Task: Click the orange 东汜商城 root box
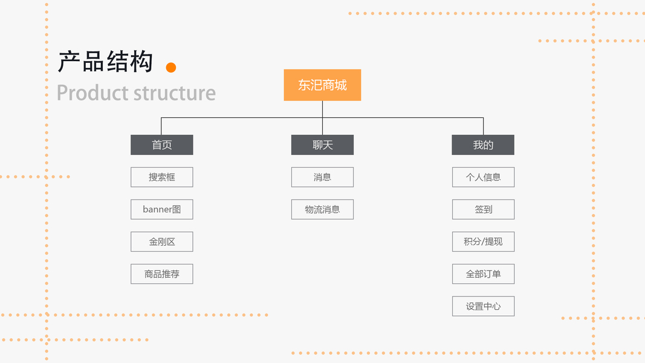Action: click(x=322, y=85)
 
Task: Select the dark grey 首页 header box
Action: click(x=162, y=145)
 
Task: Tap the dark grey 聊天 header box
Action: click(x=322, y=145)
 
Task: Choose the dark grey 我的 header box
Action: click(x=483, y=145)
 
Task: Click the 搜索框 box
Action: click(x=162, y=177)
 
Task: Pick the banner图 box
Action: click(x=162, y=209)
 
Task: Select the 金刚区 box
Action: click(x=162, y=241)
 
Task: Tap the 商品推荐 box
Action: click(x=162, y=274)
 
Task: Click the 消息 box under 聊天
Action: click(x=322, y=177)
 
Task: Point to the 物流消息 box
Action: click(x=322, y=209)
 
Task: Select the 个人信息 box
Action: click(x=483, y=177)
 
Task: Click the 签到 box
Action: click(x=483, y=209)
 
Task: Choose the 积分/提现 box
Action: click(x=483, y=241)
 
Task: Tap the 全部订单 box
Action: click(x=483, y=274)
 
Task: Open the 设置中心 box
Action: click(x=483, y=306)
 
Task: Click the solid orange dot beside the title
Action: click(x=171, y=67)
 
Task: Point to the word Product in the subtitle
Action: click(x=93, y=93)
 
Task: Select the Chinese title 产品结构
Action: click(x=105, y=62)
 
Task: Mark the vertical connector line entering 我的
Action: click(x=483, y=126)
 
